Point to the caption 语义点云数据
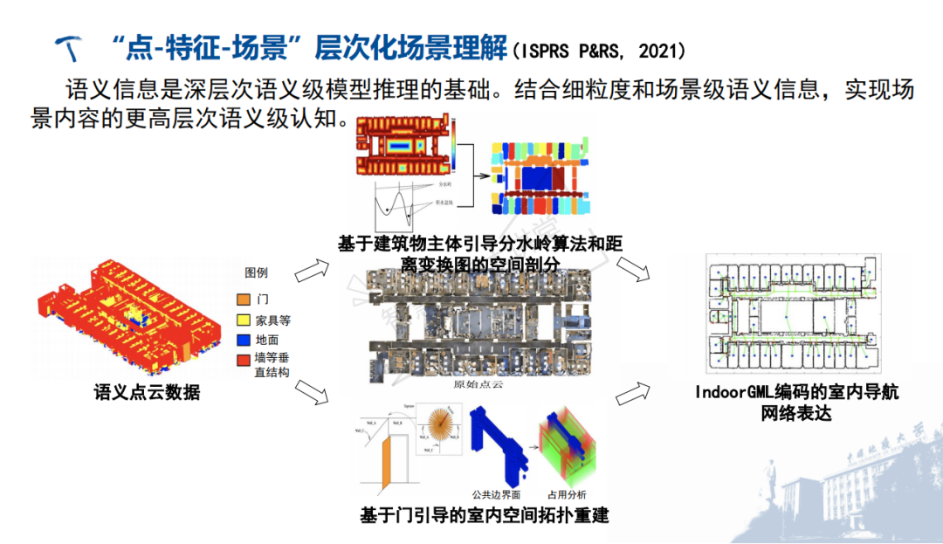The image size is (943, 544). (x=147, y=393)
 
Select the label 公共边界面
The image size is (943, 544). (x=496, y=495)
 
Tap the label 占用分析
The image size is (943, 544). (x=566, y=495)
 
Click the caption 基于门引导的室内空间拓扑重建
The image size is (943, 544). (x=485, y=514)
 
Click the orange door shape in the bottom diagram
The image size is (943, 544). (x=390, y=458)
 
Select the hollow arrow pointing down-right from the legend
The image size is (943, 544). (x=311, y=392)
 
